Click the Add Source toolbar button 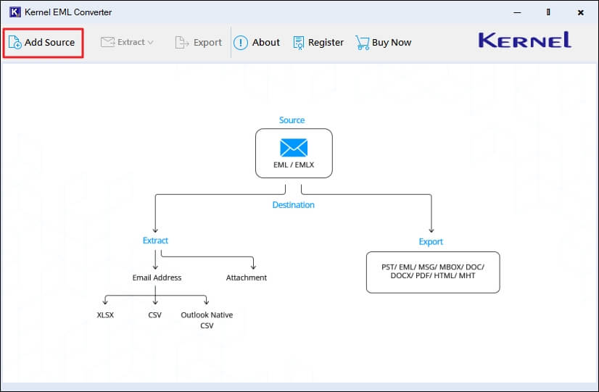click(x=43, y=43)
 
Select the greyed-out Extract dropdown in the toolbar click(x=127, y=43)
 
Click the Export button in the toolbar click(x=199, y=43)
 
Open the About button click(x=257, y=43)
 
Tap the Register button click(x=318, y=43)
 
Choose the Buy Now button click(x=384, y=43)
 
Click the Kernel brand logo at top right click(x=524, y=41)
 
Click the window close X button click(x=581, y=12)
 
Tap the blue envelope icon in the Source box click(x=294, y=148)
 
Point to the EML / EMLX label click(x=294, y=164)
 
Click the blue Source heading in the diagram click(x=292, y=120)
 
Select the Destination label click(x=294, y=205)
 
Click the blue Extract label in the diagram click(x=155, y=241)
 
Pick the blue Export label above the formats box click(x=431, y=242)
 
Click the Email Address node click(x=157, y=278)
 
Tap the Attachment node click(x=247, y=278)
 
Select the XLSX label click(x=105, y=315)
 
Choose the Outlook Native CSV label click(x=207, y=320)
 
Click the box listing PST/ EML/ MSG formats click(x=433, y=272)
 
